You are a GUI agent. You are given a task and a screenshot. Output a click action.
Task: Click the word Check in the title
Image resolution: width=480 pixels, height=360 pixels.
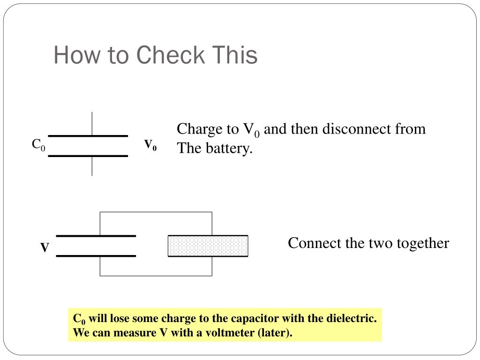point(170,55)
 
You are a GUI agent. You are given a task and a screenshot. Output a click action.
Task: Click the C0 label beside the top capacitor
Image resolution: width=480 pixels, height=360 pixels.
point(38,144)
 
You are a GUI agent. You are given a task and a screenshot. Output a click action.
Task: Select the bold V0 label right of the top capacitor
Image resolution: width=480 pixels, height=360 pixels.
point(150,145)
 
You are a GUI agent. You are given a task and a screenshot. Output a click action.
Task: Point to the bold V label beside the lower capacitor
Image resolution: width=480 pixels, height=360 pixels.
point(45,247)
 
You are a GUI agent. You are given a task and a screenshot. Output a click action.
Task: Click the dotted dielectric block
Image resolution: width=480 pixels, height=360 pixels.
point(208,246)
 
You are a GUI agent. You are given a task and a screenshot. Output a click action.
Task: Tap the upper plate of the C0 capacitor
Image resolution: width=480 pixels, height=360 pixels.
point(88,136)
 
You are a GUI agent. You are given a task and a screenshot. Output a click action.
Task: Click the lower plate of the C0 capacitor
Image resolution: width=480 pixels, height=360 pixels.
point(88,156)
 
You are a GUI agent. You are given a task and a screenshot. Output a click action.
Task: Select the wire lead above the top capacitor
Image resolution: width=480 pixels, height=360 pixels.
point(92,123)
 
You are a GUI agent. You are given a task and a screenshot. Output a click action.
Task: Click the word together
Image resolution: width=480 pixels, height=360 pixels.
point(423,244)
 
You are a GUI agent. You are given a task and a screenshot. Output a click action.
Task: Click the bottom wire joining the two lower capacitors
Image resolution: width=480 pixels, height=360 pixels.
point(156,276)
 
